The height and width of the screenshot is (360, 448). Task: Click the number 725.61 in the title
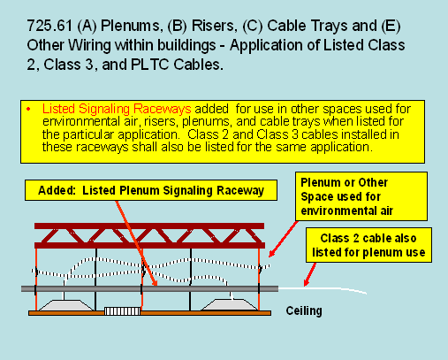click(49, 26)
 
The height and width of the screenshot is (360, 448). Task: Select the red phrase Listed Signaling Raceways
click(117, 109)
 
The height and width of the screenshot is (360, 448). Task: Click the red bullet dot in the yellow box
click(28, 110)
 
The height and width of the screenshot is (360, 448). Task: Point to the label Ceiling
click(304, 310)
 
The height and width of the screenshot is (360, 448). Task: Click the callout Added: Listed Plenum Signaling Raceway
click(151, 190)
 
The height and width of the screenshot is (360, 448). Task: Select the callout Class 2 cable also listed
click(368, 245)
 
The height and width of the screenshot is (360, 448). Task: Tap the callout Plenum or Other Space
click(361, 196)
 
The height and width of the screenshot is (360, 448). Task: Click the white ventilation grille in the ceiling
click(122, 311)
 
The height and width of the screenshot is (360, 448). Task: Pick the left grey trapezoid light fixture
click(66, 305)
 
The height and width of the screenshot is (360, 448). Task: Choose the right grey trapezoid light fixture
click(231, 305)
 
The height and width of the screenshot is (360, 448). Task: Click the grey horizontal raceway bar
click(149, 288)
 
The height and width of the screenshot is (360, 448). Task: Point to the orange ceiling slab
click(149, 313)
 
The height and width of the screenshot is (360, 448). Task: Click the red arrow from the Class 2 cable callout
click(309, 274)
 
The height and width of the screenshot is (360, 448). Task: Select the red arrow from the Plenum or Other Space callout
click(284, 239)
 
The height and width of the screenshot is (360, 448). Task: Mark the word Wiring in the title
click(89, 45)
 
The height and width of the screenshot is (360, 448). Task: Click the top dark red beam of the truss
click(149, 226)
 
